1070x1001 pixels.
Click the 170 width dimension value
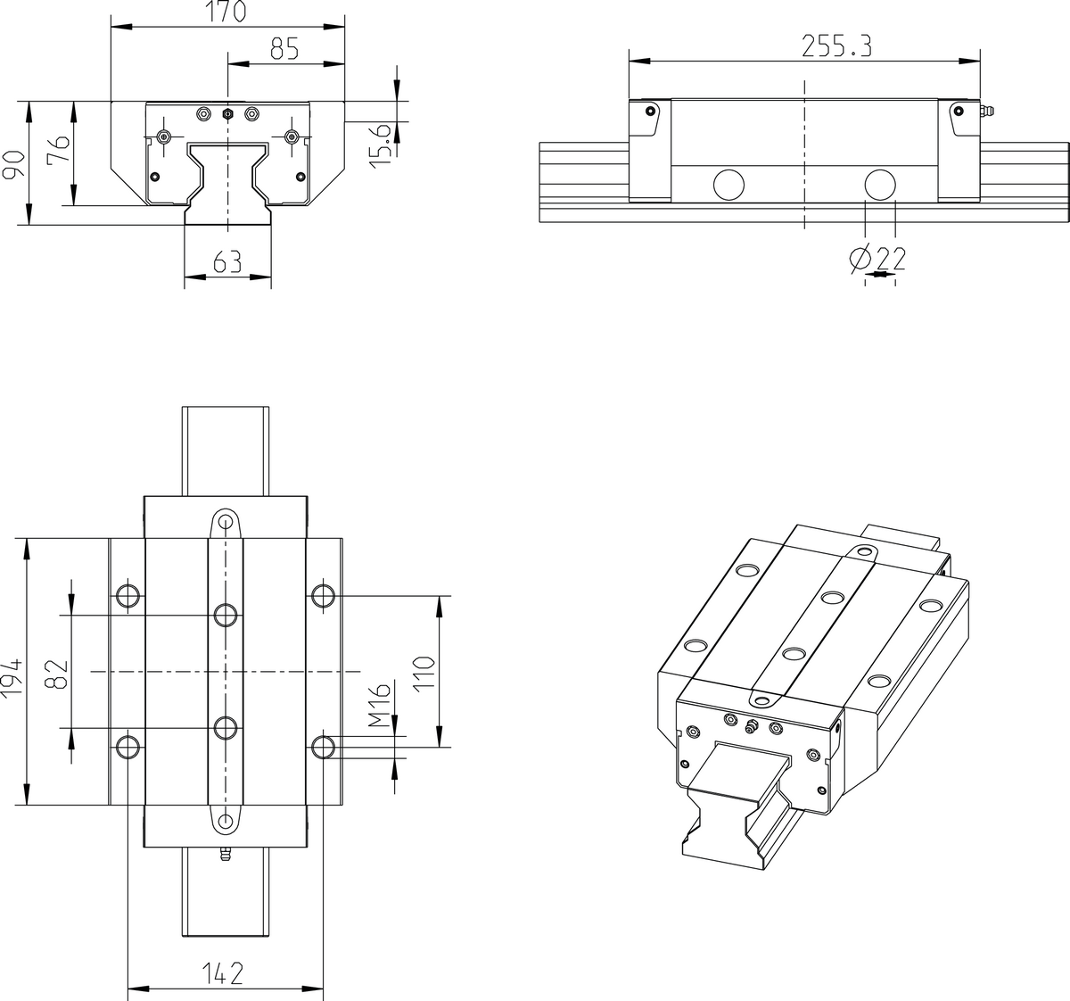click(227, 12)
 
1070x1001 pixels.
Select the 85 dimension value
click(284, 49)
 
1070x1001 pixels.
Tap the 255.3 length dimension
click(835, 46)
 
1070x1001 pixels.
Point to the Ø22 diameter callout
click(877, 259)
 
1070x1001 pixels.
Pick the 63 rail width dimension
click(227, 262)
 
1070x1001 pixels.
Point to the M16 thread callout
click(381, 706)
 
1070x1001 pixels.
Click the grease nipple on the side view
click(986, 111)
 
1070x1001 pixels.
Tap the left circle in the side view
click(728, 184)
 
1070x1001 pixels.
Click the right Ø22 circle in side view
click(880, 184)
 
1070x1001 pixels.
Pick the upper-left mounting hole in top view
click(128, 595)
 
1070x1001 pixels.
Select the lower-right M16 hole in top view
click(323, 746)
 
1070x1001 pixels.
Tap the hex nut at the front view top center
click(227, 114)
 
